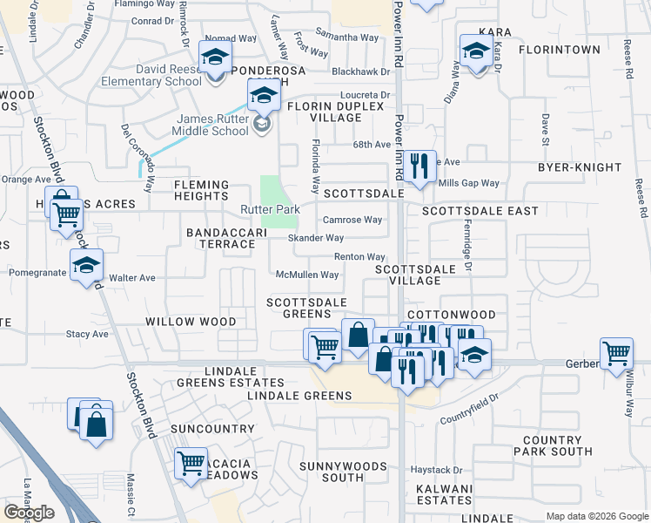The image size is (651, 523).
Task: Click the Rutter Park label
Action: click(x=270, y=210)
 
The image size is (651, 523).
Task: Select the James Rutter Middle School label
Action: click(x=213, y=126)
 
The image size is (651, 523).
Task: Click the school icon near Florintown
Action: click(x=476, y=52)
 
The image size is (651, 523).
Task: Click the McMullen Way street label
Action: click(x=306, y=275)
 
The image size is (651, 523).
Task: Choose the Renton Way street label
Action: click(x=359, y=257)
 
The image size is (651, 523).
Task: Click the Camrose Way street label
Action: click(x=352, y=221)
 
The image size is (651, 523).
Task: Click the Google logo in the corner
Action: click(x=29, y=513)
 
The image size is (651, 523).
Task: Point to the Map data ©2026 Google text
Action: click(x=597, y=516)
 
